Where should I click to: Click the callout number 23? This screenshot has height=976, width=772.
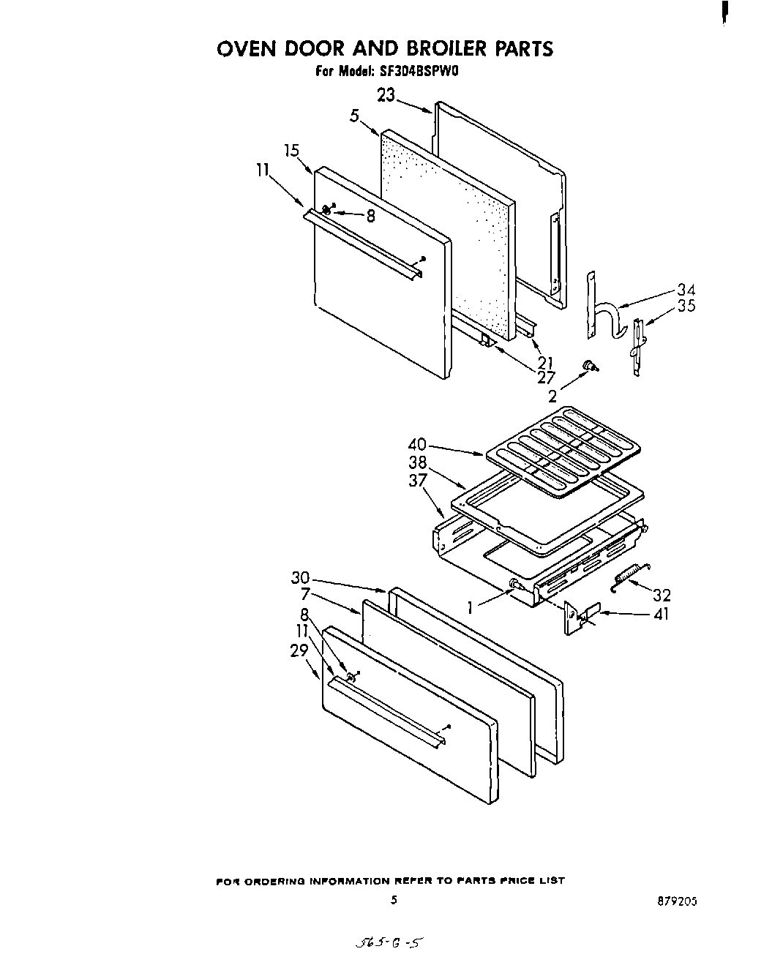point(386,95)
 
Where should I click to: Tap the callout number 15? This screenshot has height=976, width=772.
point(292,151)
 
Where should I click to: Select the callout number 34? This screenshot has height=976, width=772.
point(686,290)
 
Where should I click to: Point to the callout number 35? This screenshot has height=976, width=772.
point(686,306)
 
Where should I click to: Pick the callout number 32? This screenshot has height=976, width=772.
point(662,596)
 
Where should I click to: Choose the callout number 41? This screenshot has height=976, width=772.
point(661,615)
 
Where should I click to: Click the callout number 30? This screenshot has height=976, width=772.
point(300,578)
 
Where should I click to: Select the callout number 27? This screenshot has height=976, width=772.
point(546,378)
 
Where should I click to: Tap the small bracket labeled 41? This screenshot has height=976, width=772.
point(580,617)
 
